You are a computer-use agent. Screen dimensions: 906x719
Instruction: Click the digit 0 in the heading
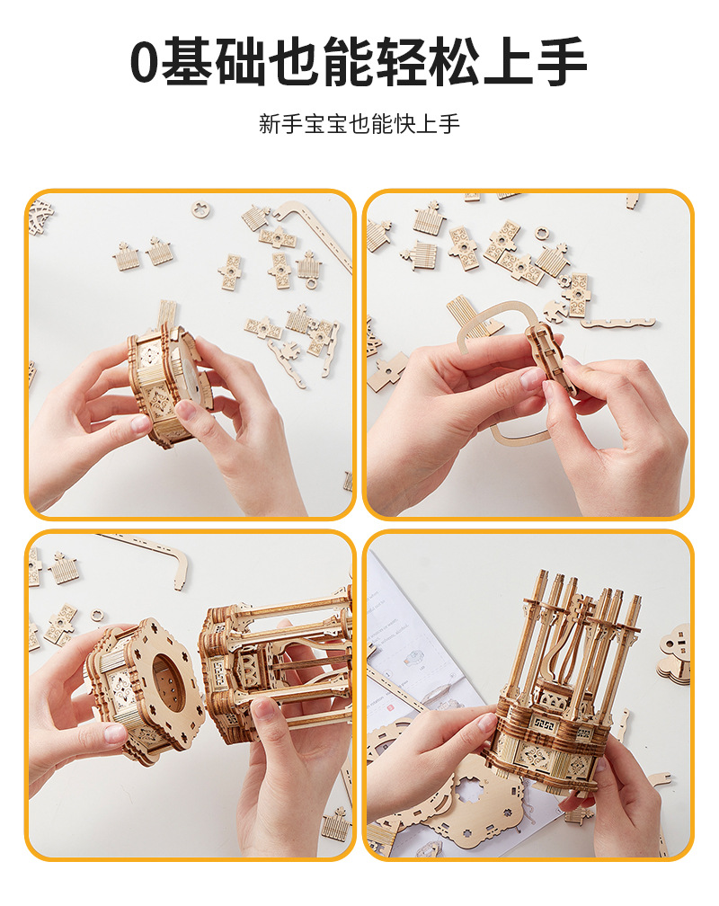(146, 63)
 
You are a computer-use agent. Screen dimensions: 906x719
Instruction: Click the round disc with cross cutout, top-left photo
(201, 209)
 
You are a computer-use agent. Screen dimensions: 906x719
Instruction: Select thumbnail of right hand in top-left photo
(186, 411)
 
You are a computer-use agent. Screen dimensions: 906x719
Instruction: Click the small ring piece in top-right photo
(541, 234)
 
